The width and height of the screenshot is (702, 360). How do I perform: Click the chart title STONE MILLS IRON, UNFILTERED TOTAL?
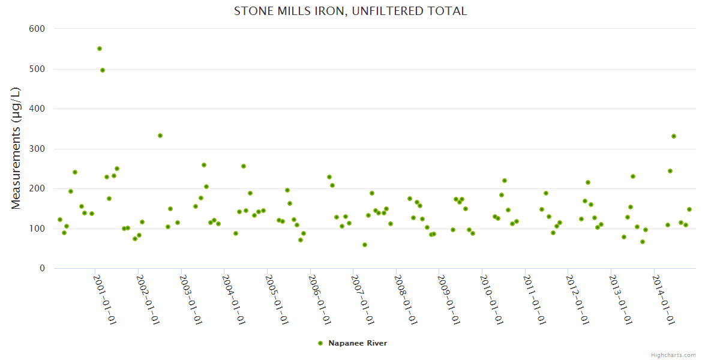tap(350, 11)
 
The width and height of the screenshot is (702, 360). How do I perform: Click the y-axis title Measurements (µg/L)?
tap(16, 148)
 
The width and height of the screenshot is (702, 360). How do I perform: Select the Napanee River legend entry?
tap(357, 343)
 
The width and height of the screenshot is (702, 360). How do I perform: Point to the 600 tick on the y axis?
tap(37, 28)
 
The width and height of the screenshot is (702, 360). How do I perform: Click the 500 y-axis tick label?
tap(37, 69)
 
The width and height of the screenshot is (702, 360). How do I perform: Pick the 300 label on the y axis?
tap(37, 149)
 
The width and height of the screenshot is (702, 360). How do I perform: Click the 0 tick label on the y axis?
tap(42, 268)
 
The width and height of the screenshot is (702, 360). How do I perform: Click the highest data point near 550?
tap(100, 49)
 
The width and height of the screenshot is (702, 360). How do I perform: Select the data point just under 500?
tap(103, 70)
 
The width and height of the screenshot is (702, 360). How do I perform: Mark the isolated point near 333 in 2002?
tap(160, 136)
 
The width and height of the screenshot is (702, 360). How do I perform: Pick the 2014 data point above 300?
tap(674, 136)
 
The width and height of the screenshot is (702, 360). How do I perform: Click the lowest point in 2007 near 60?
tap(365, 245)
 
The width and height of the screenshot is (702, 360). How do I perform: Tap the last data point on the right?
tap(689, 209)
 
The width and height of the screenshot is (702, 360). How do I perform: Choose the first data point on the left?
tap(60, 220)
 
